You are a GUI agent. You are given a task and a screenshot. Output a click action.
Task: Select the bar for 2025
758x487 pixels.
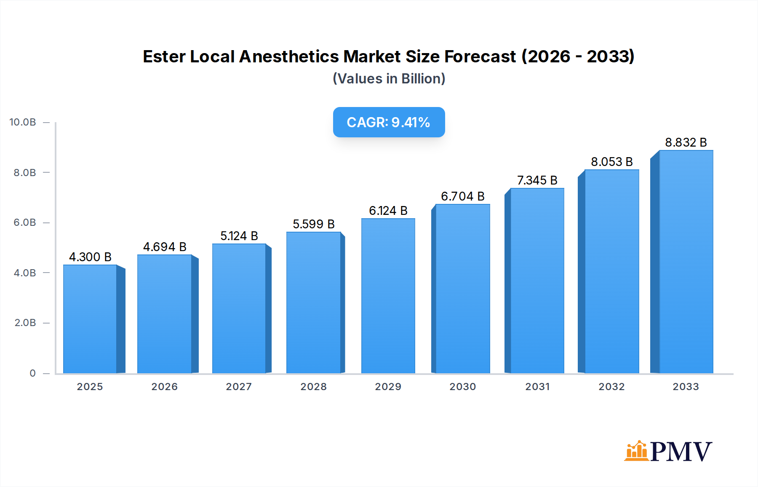coord(90,319)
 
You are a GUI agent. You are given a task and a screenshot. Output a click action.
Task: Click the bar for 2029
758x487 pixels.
coord(388,296)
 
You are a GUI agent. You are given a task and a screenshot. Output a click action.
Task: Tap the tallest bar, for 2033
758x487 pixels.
coord(686,262)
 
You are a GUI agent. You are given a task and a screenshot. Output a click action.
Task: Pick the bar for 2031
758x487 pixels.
coord(537,281)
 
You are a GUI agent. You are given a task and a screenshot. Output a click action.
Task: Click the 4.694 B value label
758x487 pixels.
coord(165,247)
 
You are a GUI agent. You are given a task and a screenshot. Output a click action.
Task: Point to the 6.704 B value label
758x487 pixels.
coord(462,196)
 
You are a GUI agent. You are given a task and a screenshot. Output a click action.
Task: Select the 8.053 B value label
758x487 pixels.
coord(611,162)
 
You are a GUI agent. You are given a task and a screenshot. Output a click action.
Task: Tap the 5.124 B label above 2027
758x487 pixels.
coord(239,236)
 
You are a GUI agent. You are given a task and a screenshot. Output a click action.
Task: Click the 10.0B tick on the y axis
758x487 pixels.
coord(23,122)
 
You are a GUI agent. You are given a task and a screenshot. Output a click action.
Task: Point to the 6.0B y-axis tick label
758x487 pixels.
coord(25,222)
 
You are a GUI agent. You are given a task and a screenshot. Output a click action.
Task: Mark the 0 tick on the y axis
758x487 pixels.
coord(32,373)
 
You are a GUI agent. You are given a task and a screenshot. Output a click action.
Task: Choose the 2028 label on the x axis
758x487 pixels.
coord(313,387)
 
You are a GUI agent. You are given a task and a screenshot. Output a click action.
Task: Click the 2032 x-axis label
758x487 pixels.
coord(611,387)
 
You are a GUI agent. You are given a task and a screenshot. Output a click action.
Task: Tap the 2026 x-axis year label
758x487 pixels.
coord(164,387)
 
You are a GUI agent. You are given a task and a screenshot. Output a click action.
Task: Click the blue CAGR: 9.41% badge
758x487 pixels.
coord(389,122)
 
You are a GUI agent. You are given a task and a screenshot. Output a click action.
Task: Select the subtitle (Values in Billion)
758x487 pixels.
coord(389,79)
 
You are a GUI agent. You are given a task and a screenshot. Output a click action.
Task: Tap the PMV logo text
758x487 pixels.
coord(681,452)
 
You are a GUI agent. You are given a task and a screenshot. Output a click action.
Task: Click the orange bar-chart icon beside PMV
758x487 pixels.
coord(636,451)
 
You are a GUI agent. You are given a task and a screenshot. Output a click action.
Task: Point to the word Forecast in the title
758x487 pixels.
coord(480,56)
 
